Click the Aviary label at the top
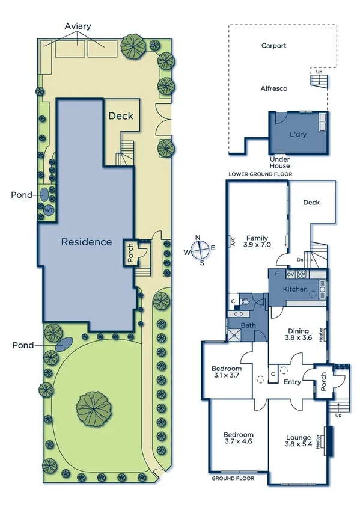tap(79, 27)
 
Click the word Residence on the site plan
tap(87, 242)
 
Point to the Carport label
tap(273, 46)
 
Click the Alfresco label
tap(273, 88)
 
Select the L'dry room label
tap(297, 135)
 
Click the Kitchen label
tap(296, 290)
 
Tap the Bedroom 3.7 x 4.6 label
tap(238, 438)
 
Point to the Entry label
tap(292, 382)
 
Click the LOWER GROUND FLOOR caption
tap(260, 174)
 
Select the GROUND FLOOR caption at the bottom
tap(233, 479)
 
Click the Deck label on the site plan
tap(121, 116)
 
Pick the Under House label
tap(279, 162)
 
